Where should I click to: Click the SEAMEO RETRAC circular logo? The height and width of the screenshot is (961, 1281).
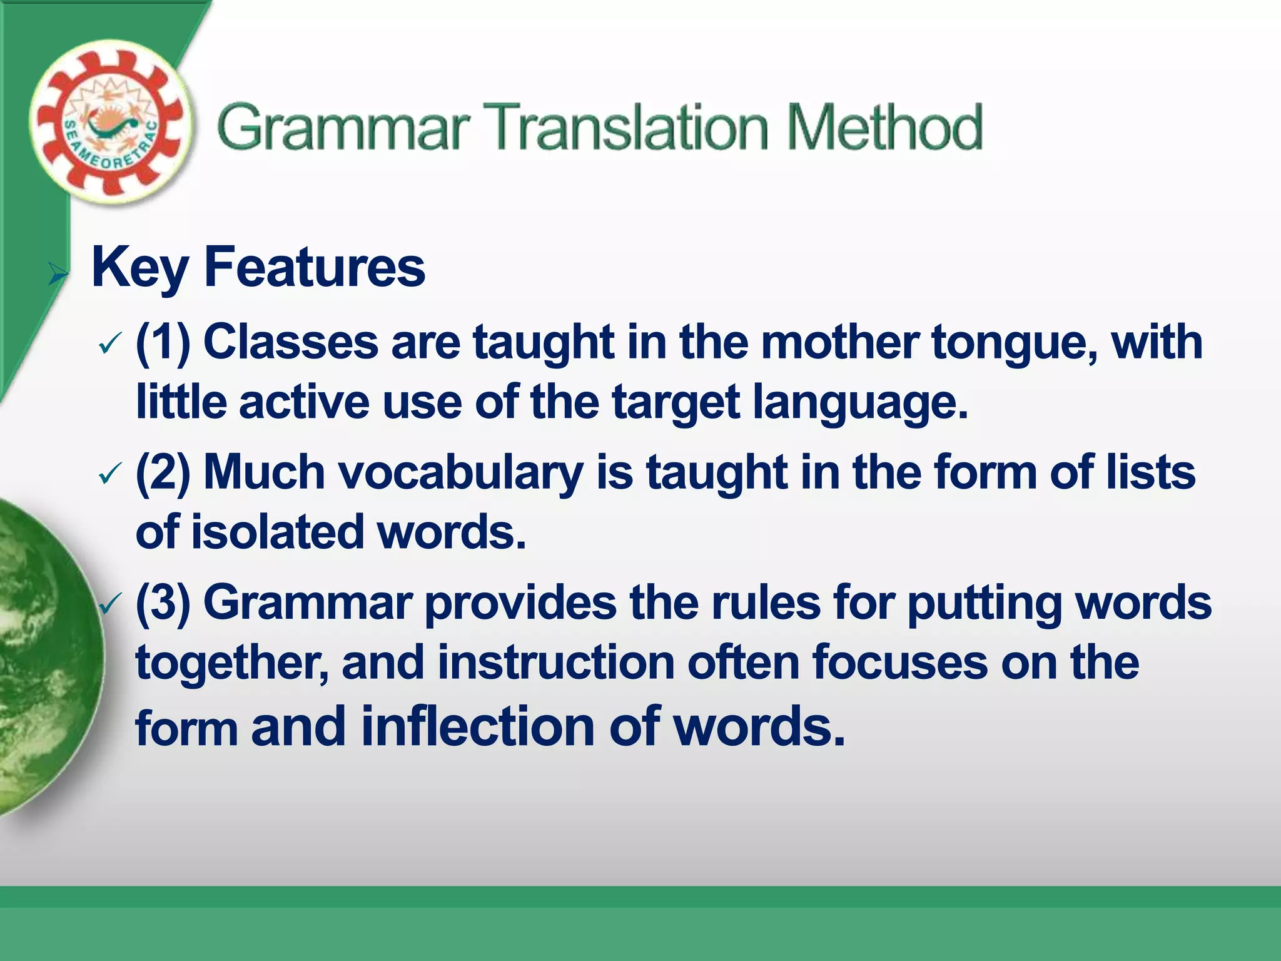(x=110, y=123)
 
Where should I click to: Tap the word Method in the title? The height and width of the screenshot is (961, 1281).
(x=884, y=128)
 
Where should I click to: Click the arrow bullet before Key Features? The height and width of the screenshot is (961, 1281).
(x=58, y=273)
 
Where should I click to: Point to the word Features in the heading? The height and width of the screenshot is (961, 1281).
(x=315, y=268)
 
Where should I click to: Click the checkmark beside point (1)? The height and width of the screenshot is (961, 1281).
(x=109, y=344)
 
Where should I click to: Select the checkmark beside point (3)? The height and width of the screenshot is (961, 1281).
(x=109, y=604)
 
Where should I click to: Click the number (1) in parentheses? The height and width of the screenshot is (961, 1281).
(x=163, y=343)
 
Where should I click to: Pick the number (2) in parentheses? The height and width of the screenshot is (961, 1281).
(x=163, y=473)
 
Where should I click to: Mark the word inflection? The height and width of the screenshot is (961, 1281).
(x=478, y=726)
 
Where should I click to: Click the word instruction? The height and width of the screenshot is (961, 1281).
(x=555, y=663)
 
